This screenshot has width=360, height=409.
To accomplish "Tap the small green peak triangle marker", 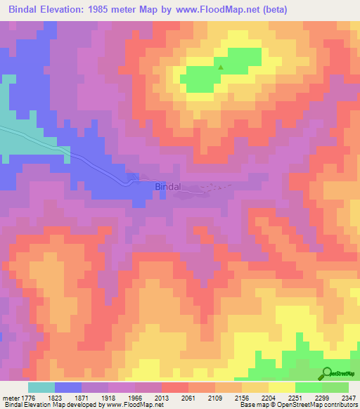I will tap(221, 68).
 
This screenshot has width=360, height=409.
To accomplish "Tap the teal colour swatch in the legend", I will tap(41, 387).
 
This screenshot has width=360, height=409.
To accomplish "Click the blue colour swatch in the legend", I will tap(68, 387).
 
